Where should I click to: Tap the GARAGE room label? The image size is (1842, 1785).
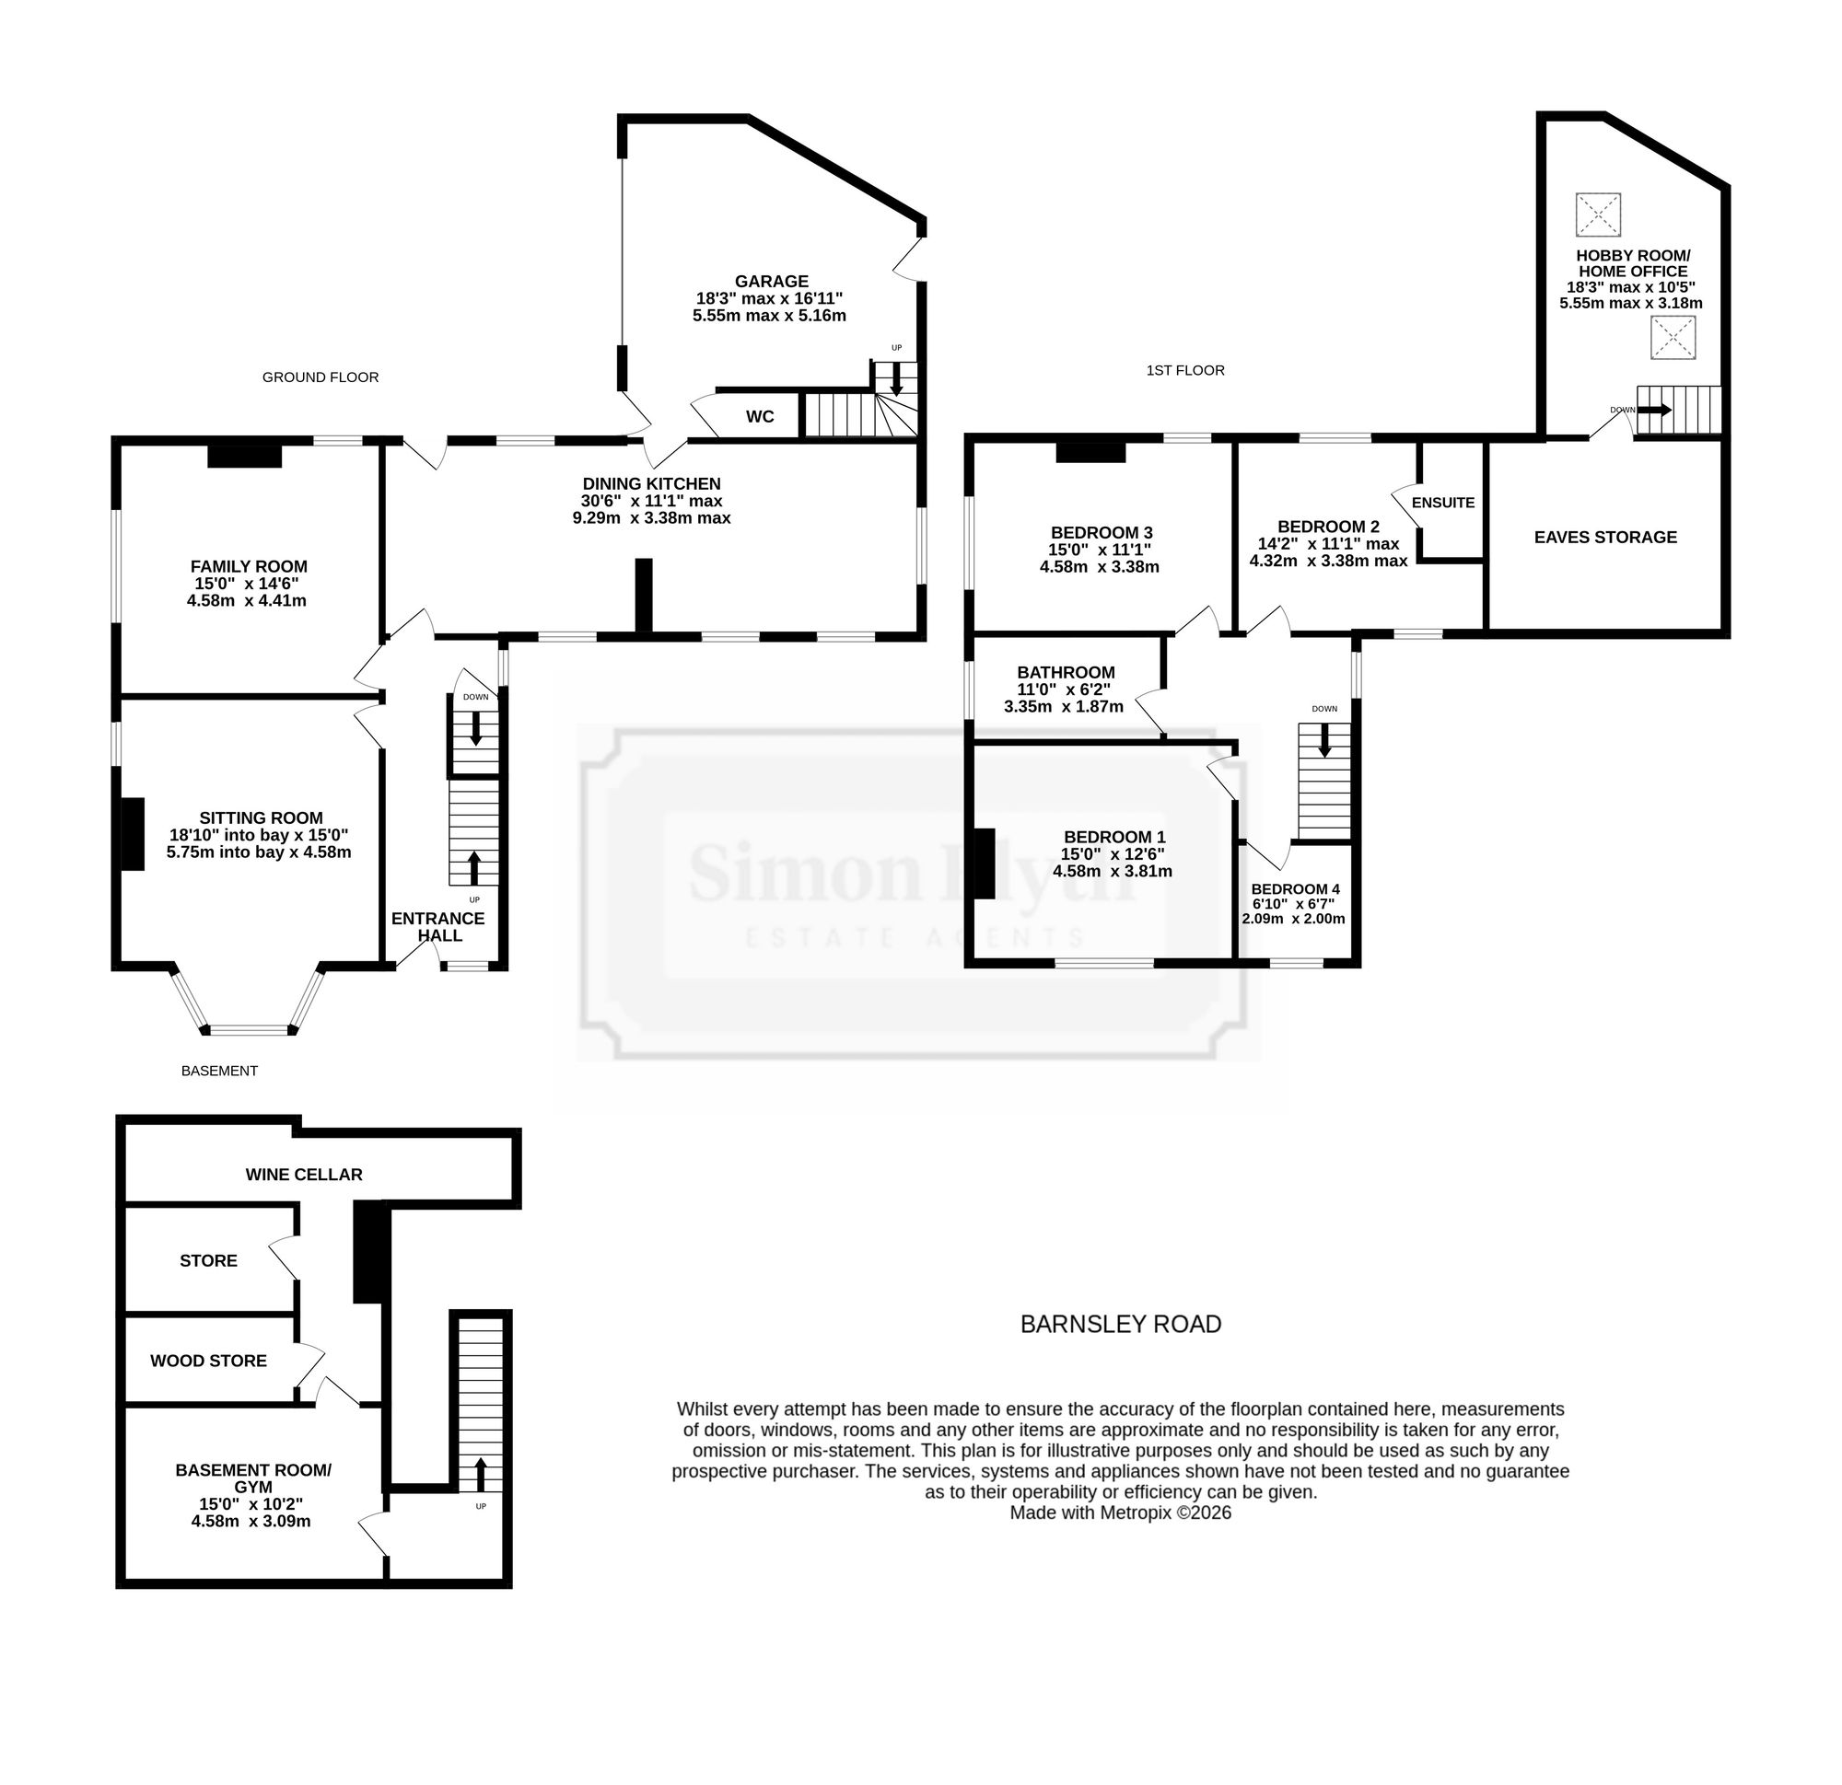point(772,281)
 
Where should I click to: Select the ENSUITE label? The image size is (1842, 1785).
point(1442,503)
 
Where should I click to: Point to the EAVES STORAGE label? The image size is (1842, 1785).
point(1605,538)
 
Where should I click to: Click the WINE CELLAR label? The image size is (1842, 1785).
point(304,1175)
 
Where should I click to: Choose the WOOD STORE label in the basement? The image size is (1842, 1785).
point(209,1361)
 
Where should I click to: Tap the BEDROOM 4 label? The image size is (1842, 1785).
point(1295,888)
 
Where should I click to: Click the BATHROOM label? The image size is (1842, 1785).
point(1066,673)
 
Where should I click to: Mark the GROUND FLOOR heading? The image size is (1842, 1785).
point(321,377)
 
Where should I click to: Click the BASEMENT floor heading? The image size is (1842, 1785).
point(219,1070)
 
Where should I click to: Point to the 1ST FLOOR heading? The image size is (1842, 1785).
point(1185,370)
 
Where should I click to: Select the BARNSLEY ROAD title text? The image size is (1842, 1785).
point(1121,1324)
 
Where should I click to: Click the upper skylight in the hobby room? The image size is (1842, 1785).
point(1598,215)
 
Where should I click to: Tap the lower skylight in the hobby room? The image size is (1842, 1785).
point(1673,337)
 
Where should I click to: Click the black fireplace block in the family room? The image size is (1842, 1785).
point(244,455)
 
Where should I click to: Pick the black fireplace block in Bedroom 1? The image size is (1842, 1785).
point(983,864)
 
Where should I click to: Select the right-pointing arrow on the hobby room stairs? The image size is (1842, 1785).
point(1654,410)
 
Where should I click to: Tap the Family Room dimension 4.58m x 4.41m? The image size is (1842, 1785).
point(247,600)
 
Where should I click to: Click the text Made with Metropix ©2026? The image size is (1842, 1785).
point(1120,1513)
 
